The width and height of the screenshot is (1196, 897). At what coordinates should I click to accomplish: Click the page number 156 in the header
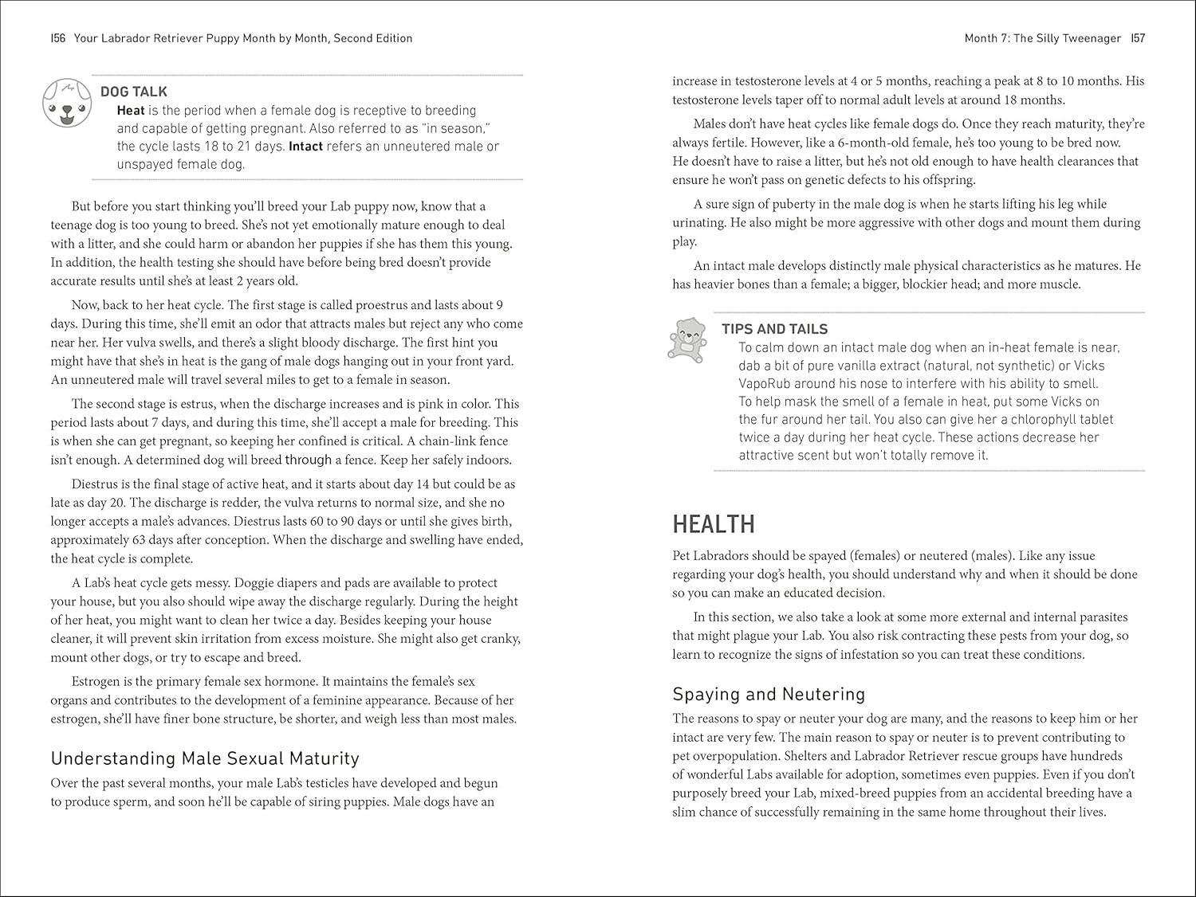pos(57,38)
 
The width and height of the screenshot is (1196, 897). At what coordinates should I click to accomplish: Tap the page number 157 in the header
pos(1138,38)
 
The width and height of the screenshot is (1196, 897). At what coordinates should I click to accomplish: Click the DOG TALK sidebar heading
pos(134,92)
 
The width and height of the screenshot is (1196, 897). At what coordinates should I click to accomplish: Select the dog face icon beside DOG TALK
pos(63,103)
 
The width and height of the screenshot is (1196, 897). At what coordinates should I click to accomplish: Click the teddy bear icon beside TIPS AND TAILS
pos(687,340)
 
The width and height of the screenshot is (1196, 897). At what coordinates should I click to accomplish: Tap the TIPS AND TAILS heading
pos(774,329)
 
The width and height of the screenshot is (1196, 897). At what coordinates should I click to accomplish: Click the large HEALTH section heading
pos(713,524)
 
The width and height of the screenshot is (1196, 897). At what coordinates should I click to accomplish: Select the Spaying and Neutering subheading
pos(769,694)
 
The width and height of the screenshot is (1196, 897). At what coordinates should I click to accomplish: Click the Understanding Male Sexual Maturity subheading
pos(205,758)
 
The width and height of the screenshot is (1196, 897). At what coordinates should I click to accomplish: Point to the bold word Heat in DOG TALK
pos(131,111)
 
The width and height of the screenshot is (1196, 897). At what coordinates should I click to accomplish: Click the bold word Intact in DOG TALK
pos(305,147)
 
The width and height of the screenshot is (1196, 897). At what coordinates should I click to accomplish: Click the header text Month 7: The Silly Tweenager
pos(1042,38)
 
